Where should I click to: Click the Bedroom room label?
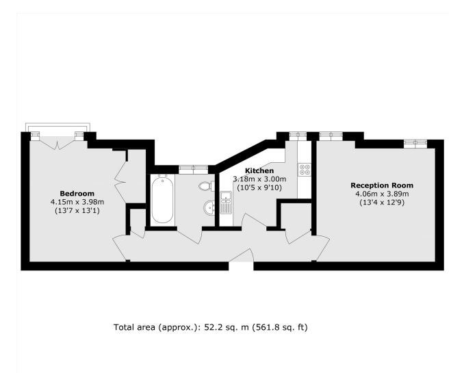[77, 193]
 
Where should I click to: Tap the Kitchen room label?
[259, 171]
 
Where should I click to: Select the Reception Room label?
[382, 185]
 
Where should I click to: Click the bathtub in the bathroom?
[162, 200]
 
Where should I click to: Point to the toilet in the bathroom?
[207, 185]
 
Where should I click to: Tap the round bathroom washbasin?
[209, 207]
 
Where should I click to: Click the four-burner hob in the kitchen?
[305, 169]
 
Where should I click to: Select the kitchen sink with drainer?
[227, 203]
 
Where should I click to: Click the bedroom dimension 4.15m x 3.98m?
[77, 202]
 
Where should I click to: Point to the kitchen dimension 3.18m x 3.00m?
[259, 179]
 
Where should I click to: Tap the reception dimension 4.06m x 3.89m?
[383, 194]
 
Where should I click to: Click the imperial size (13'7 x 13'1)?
[77, 211]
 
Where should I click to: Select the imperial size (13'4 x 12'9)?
[383, 203]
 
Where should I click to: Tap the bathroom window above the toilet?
[194, 169]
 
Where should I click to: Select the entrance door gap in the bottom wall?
[241, 266]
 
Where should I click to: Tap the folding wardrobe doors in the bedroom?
[120, 182]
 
